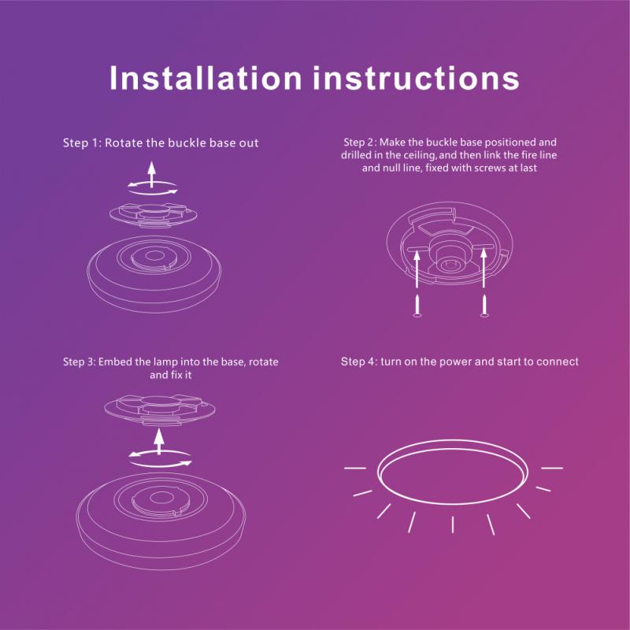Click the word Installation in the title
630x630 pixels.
(206, 78)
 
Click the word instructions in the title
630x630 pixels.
(417, 78)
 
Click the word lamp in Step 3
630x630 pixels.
(165, 362)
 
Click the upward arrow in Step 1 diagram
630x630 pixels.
(151, 174)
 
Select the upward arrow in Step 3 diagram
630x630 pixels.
(159, 442)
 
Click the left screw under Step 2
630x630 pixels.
(417, 306)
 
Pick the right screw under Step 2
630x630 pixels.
(484, 306)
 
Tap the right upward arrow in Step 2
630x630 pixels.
(484, 268)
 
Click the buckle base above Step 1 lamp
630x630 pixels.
(154, 215)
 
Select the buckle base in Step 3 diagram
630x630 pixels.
(160, 409)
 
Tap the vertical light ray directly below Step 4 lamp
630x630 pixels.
(453, 524)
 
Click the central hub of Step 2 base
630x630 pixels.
(449, 257)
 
